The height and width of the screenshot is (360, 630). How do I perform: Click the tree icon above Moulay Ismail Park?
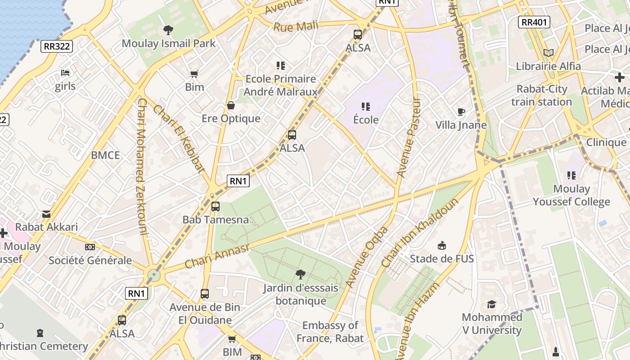[168, 30]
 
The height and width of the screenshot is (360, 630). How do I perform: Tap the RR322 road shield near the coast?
[57, 46]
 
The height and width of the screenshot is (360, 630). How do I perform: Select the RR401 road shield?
[534, 22]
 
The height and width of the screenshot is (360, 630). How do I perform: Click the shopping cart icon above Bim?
[194, 74]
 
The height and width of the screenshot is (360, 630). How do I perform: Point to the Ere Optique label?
[231, 118]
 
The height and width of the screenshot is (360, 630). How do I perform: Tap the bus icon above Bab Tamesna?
[216, 207]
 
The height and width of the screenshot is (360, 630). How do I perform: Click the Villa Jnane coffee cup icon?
[461, 112]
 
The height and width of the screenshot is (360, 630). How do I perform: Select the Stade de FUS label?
[441, 259]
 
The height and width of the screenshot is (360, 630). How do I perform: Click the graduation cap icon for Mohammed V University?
[491, 305]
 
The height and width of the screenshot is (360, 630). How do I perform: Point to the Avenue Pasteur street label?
[408, 137]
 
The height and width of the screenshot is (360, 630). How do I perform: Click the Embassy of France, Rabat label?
[330, 332]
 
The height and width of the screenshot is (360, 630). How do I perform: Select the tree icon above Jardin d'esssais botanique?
[300, 274]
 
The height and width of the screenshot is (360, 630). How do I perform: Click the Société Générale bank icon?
[90, 247]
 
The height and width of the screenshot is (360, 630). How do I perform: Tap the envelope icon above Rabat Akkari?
[46, 214]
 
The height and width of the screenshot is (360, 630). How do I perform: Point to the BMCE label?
[105, 155]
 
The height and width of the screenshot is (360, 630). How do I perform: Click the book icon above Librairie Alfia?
[548, 53]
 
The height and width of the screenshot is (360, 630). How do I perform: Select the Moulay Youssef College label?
[571, 195]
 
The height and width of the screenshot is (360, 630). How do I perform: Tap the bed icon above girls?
[65, 73]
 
